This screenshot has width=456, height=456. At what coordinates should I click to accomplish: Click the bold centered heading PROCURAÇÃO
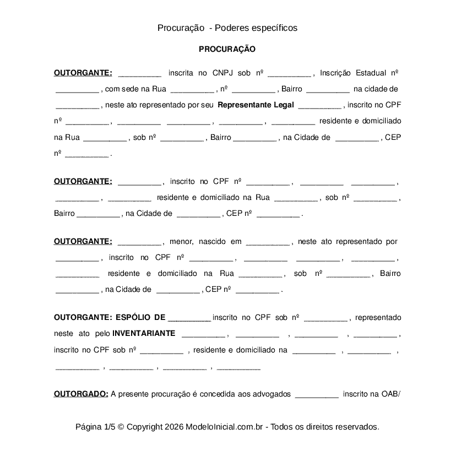227,49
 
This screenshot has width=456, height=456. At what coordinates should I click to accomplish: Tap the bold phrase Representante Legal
256,105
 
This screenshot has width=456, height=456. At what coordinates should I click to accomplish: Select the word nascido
213,241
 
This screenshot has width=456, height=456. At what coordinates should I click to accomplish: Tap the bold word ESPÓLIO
132,317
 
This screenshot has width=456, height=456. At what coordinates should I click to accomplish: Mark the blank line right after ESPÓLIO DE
189,318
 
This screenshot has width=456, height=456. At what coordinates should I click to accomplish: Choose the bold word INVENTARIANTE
144,333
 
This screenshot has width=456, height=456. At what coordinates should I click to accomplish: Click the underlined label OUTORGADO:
81,394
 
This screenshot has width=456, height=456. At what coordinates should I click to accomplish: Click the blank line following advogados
317,395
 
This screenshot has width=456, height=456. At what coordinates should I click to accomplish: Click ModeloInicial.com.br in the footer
225,427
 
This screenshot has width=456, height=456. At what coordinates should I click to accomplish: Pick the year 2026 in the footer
173,427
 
